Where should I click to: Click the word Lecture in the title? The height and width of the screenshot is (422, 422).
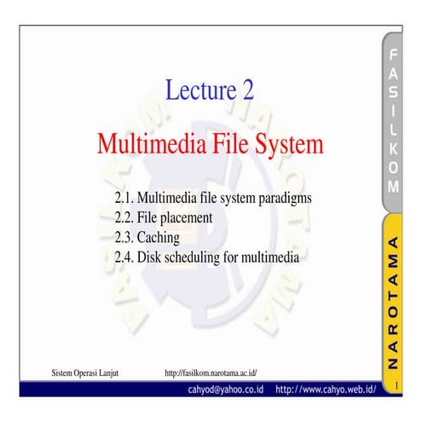click(197, 90)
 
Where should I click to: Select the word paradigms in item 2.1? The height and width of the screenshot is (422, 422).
click(286, 198)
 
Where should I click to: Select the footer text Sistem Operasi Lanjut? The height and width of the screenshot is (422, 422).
click(84, 373)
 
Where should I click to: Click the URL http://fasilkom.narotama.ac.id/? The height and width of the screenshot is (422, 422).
click(211, 373)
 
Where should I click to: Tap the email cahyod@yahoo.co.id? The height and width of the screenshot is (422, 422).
click(226, 390)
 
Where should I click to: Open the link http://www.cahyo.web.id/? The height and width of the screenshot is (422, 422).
click(327, 390)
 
